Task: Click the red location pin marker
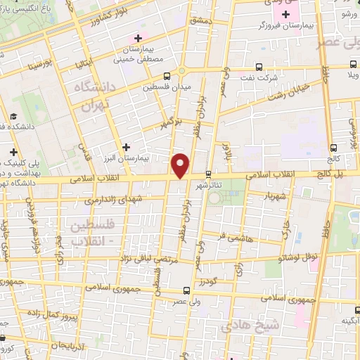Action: pyautogui.click(x=181, y=165)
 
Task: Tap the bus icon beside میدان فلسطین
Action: pyautogui.click(x=167, y=77)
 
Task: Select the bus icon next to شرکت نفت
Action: pyautogui.click(x=259, y=67)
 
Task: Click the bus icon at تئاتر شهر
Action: pyautogui.click(x=208, y=174)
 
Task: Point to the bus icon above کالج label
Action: pyautogui.click(x=333, y=148)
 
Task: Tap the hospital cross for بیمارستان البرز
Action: pyautogui.click(x=125, y=147)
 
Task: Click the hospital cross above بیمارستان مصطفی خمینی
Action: pyautogui.click(x=138, y=37)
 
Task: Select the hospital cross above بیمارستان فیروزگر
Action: pyautogui.click(x=285, y=15)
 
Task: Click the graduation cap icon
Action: pyautogui.click(x=13, y=117)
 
